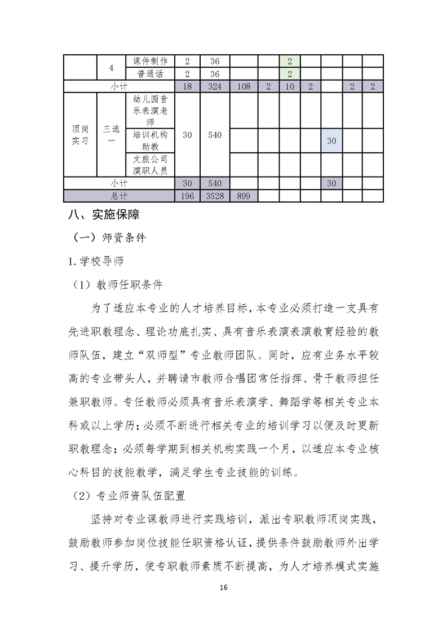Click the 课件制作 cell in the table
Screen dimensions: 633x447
(x=150, y=61)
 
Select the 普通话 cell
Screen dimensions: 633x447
(x=150, y=73)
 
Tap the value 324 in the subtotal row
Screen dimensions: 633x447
(x=214, y=86)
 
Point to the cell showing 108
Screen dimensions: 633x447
(x=244, y=86)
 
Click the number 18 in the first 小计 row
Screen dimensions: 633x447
(x=188, y=86)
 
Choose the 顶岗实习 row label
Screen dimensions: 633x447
(x=80, y=135)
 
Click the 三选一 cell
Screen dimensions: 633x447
(x=111, y=135)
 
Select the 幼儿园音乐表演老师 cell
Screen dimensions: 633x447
(x=150, y=111)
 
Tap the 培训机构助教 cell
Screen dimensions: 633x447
(x=150, y=140)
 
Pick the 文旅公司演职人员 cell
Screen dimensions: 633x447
(x=150, y=165)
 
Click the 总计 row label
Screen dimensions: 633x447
(x=119, y=196)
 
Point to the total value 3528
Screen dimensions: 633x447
(x=214, y=196)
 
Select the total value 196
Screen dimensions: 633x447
(x=188, y=196)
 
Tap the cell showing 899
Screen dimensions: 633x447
(x=244, y=196)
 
